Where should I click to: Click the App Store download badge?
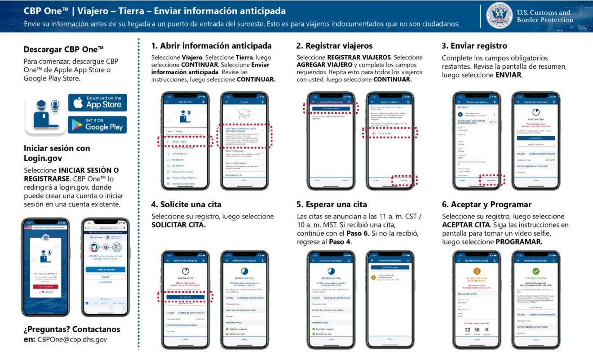(x=97, y=102)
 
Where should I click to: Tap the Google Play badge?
(x=97, y=124)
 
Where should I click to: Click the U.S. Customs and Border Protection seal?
(x=499, y=16)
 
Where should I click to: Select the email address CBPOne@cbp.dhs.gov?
(x=72, y=340)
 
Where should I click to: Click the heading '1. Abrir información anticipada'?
(x=211, y=46)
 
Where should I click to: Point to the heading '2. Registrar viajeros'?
(x=334, y=46)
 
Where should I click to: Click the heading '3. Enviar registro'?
(x=474, y=46)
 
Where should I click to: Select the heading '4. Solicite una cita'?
(x=186, y=204)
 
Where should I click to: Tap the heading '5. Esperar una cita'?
(x=332, y=204)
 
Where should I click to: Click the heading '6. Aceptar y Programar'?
(x=487, y=204)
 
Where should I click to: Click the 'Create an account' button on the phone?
(x=105, y=269)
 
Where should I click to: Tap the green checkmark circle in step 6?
(x=535, y=271)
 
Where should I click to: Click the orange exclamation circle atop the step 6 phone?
(x=477, y=271)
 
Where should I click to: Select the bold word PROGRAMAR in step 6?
(x=518, y=241)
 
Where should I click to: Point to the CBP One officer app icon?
(x=46, y=113)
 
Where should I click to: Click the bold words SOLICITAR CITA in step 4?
(x=178, y=225)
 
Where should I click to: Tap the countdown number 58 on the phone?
(x=477, y=330)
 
